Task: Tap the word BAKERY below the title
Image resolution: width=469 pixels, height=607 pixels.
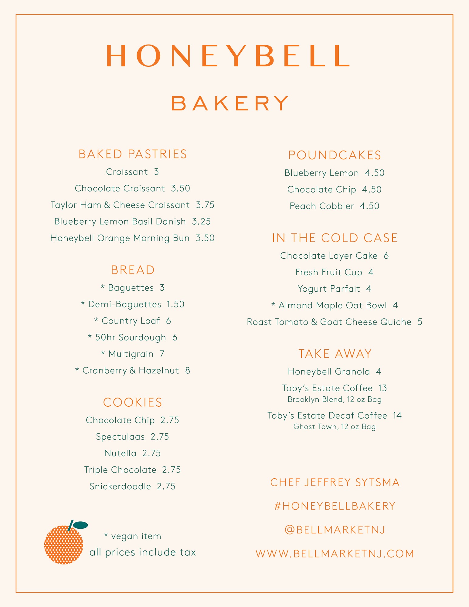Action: pos(230,103)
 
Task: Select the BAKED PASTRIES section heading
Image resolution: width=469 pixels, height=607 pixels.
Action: pos(133,154)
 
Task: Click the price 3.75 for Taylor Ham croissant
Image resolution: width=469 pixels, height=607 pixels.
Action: pos(205,205)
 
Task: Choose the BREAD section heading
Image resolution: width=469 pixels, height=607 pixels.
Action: pos(133,270)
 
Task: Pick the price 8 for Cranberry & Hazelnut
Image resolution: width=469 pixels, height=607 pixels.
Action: pos(188,371)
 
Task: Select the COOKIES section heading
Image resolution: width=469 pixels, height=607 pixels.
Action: pos(133,402)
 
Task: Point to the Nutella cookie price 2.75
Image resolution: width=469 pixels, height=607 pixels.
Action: pos(151,453)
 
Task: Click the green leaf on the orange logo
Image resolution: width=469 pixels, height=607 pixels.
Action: pos(81,525)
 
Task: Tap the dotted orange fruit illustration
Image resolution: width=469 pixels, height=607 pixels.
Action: pos(63,545)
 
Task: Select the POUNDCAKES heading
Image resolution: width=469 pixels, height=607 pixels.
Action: pos(335,155)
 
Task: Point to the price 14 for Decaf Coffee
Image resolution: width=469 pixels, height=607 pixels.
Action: pos(397,415)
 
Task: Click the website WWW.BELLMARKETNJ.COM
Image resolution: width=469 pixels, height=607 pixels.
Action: pos(335,554)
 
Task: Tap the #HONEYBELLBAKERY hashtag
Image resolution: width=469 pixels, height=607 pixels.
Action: pos(335,506)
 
